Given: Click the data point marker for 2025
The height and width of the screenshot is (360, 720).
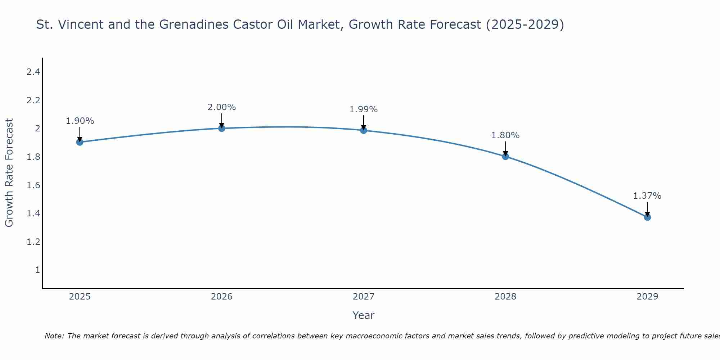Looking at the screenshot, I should [x=80, y=142].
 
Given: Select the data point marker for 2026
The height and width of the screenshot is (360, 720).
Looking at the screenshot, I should [x=221, y=128].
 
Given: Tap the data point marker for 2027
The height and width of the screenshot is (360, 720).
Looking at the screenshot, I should [x=364, y=130].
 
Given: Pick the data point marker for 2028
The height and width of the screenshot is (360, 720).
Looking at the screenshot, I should [x=505, y=156].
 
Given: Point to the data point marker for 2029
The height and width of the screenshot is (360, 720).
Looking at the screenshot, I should [x=647, y=217].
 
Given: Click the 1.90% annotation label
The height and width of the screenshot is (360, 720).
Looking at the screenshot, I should [x=80, y=121].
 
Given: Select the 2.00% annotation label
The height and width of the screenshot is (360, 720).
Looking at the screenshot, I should [x=221, y=107].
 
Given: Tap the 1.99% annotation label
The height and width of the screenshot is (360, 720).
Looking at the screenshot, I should [x=364, y=109].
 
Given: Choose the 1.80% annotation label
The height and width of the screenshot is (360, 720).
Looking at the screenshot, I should [x=505, y=135].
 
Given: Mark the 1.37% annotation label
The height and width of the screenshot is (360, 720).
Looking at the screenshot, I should [x=647, y=196].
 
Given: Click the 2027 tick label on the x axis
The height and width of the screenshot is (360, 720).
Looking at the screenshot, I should [x=364, y=297].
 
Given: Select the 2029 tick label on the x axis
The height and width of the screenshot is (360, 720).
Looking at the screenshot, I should [x=647, y=297].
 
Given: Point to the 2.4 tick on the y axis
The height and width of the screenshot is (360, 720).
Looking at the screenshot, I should [x=33, y=72].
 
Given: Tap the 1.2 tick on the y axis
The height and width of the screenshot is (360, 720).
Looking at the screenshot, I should [x=33, y=242].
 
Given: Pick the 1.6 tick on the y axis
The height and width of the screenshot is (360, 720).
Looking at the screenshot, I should [x=33, y=185].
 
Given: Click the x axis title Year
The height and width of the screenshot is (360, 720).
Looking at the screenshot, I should [x=364, y=315].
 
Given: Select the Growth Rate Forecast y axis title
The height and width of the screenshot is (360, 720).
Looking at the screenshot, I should [x=9, y=173].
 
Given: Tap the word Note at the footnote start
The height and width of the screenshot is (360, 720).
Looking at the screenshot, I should [x=54, y=336].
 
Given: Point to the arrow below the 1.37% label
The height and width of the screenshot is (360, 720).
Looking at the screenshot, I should [x=647, y=209].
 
